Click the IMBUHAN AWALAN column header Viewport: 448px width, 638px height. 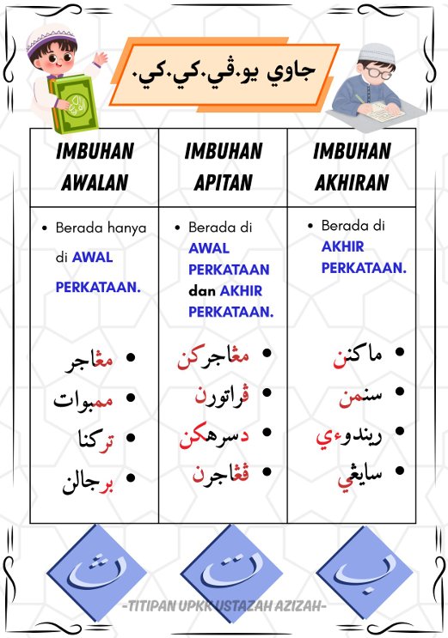click(x=95, y=167)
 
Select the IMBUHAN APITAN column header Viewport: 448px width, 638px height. click(x=223, y=167)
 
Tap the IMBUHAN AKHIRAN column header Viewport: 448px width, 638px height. click(x=351, y=167)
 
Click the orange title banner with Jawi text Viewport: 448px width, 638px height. click(x=224, y=74)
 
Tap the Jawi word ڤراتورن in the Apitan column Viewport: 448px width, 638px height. click(x=222, y=397)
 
